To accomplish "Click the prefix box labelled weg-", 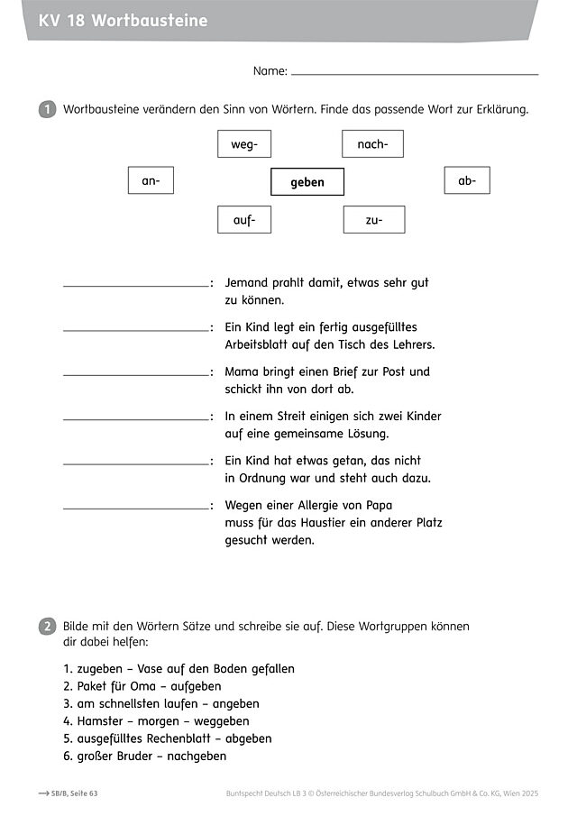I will (x=244, y=144).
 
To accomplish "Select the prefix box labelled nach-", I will (x=372, y=144).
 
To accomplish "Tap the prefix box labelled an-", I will (x=151, y=181).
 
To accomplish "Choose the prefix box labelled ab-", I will (x=467, y=181).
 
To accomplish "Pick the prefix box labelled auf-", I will (x=244, y=219).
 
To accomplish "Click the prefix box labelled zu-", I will (x=374, y=219).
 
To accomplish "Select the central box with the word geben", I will (x=307, y=182).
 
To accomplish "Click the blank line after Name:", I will (x=415, y=72).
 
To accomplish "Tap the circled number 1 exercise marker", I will (x=47, y=110).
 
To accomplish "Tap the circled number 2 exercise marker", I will (x=47, y=627).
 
